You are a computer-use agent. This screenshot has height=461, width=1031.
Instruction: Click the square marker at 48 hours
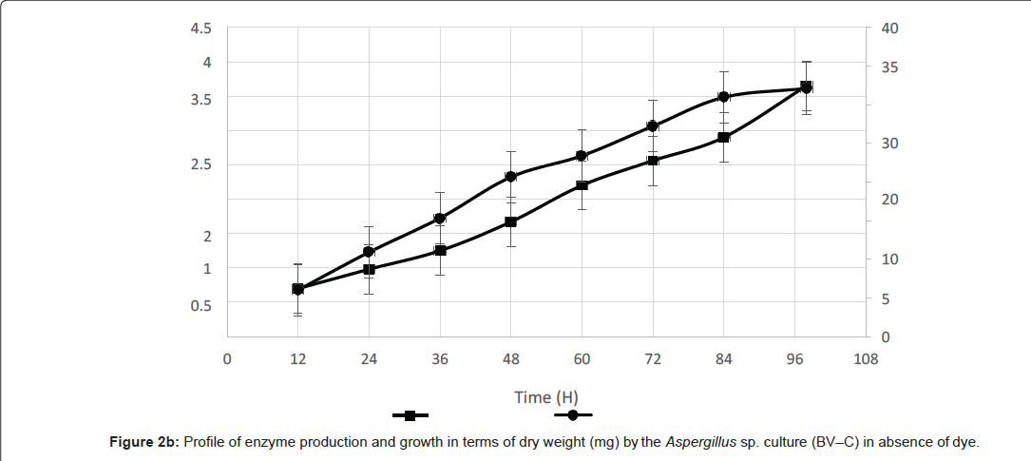[510, 221]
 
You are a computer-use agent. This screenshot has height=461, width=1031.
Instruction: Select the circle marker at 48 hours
[510, 176]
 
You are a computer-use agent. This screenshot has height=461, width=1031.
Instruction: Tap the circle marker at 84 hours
[723, 97]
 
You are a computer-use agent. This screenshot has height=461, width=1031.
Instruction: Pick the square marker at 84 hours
[723, 137]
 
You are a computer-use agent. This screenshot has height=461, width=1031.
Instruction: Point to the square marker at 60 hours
[582, 184]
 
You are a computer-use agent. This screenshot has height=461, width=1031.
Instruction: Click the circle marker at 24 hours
[369, 252]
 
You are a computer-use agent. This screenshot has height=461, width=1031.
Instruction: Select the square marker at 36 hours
[440, 250]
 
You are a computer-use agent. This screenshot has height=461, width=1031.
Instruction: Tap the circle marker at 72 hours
[653, 125]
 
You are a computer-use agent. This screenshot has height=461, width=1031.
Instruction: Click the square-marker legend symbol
[410, 415]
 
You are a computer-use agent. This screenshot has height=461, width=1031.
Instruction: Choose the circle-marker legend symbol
[573, 415]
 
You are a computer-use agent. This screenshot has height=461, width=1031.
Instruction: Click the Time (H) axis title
[546, 397]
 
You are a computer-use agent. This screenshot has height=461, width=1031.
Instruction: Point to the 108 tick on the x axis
[866, 358]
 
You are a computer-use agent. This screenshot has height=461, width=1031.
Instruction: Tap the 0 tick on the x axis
[227, 358]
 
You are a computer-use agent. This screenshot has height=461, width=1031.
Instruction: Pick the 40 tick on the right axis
[890, 28]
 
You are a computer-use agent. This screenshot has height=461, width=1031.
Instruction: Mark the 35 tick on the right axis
[890, 67]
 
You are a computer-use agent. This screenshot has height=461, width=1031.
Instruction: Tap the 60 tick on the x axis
[582, 358]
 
